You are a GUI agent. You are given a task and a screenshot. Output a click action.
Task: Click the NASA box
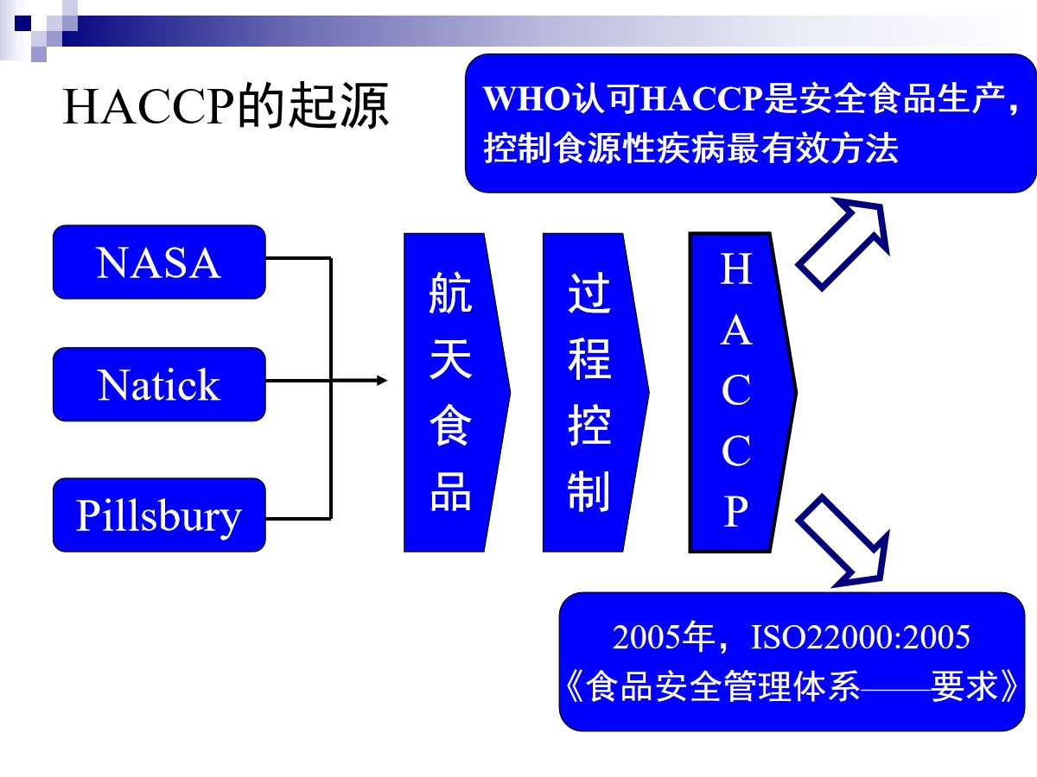click(159, 262)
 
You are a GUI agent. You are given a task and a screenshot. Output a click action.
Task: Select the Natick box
click(159, 385)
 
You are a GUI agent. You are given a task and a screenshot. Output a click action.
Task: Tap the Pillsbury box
click(159, 515)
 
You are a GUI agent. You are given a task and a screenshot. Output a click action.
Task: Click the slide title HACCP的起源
click(226, 107)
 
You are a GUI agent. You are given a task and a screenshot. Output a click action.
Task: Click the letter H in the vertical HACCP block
click(735, 269)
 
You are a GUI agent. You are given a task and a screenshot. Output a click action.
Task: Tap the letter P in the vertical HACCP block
click(735, 512)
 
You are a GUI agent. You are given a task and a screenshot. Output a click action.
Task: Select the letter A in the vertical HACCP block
click(735, 331)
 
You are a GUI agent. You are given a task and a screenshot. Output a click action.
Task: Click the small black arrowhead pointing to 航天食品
click(382, 380)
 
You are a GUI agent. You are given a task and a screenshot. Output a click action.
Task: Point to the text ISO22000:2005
click(861, 637)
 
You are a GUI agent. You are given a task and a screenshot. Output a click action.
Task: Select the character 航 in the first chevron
click(451, 294)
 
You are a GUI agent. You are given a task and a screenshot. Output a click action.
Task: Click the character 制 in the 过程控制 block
click(589, 492)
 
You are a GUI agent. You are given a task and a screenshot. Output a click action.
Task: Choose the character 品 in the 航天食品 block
click(451, 492)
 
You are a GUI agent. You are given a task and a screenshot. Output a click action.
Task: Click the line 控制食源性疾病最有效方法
click(691, 148)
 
